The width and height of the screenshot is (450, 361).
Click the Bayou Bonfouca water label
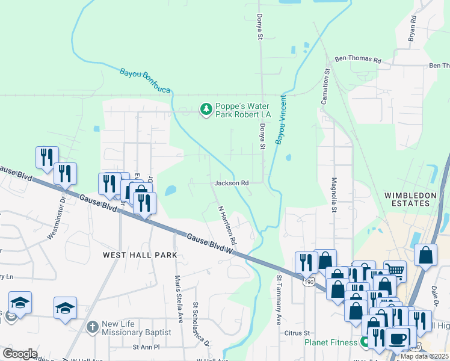click(145, 81)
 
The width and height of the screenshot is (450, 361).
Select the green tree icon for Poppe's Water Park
click(206, 110)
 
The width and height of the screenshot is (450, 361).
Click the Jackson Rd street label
click(232, 183)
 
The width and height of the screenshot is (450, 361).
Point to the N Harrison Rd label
click(227, 223)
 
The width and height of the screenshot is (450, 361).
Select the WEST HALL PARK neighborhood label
click(140, 255)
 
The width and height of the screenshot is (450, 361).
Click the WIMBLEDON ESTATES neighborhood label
click(407, 199)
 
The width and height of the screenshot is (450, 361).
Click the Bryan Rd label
click(412, 28)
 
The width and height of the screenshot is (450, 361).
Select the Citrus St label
click(298, 332)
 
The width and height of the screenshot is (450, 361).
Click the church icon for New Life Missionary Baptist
click(91, 327)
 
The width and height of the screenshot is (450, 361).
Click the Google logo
click(20, 354)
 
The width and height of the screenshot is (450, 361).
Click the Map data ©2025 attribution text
click(424, 356)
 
